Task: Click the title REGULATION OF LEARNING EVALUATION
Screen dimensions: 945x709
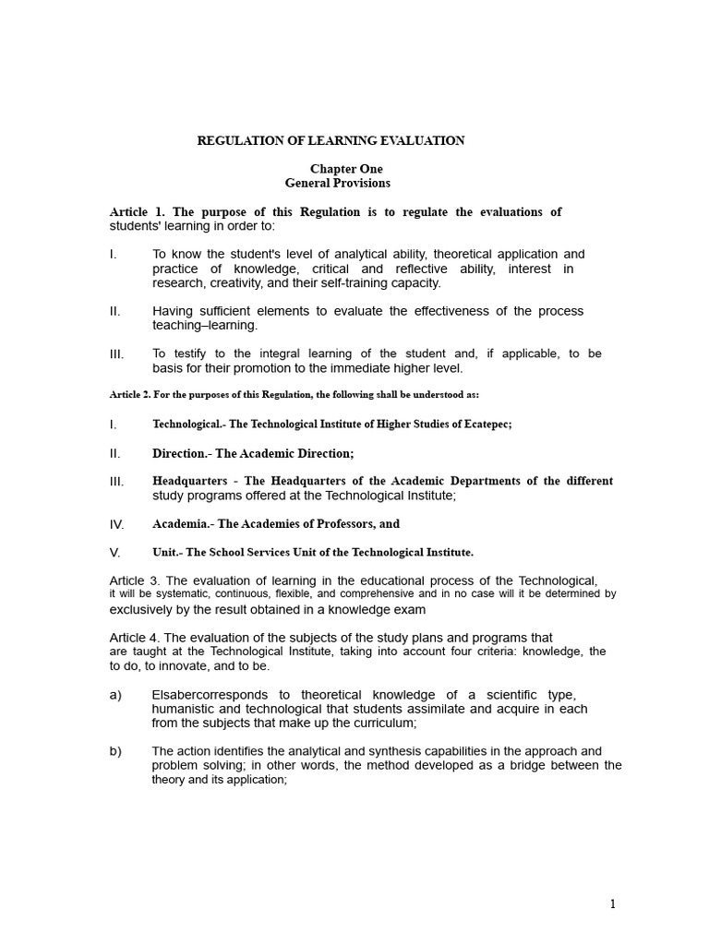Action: point(330,141)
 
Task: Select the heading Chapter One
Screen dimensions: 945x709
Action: point(345,170)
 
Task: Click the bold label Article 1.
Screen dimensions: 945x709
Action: point(137,212)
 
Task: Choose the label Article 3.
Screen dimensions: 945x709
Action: point(136,580)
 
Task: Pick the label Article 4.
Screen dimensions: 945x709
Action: point(136,638)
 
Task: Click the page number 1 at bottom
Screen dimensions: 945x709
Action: point(612,904)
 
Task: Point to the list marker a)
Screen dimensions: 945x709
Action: point(115,695)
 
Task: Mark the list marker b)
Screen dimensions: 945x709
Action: point(115,751)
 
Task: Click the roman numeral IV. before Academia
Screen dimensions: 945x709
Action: point(116,524)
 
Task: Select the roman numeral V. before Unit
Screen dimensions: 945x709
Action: point(115,553)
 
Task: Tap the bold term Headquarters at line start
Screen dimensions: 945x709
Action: point(189,482)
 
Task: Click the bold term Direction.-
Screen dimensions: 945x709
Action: point(182,453)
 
